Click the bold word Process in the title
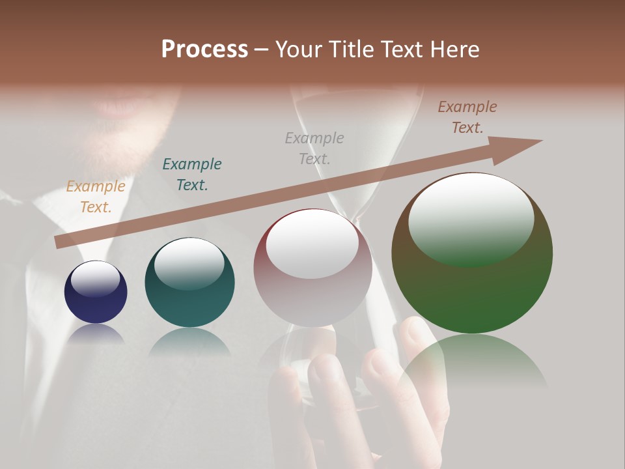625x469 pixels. click(x=204, y=50)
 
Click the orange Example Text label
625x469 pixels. click(x=96, y=197)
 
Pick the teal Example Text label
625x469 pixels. click(x=192, y=174)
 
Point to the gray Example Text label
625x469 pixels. click(x=314, y=148)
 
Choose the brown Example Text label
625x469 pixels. click(x=467, y=117)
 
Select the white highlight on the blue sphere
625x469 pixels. click(x=96, y=279)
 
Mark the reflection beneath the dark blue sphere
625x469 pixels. click(x=96, y=334)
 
